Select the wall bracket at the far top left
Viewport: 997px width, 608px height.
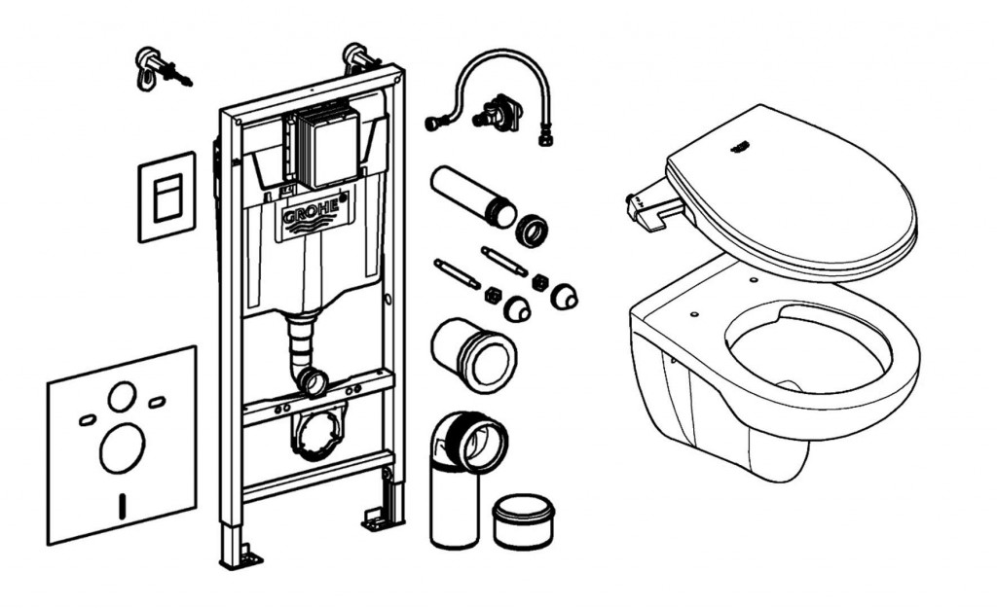click(156, 69)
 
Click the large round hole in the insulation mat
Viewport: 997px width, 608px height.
click(122, 450)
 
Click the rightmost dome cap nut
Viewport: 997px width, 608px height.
click(564, 296)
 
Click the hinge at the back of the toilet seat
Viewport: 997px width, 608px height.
click(647, 206)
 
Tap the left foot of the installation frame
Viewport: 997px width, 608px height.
click(239, 555)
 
